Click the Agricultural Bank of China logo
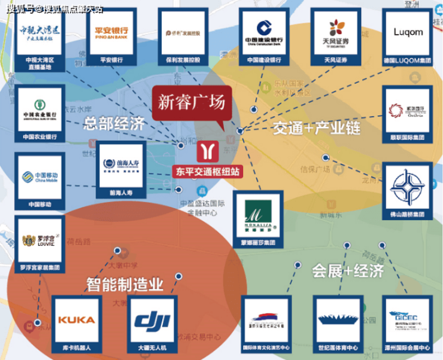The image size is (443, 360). coord(39,109)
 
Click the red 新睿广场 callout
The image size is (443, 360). coord(191,103)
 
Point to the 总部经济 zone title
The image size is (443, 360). coord(114,124)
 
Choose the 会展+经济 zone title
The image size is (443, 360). coord(348,271)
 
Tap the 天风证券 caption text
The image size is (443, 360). coord(336,60)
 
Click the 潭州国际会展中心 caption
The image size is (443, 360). coord(409,347)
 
